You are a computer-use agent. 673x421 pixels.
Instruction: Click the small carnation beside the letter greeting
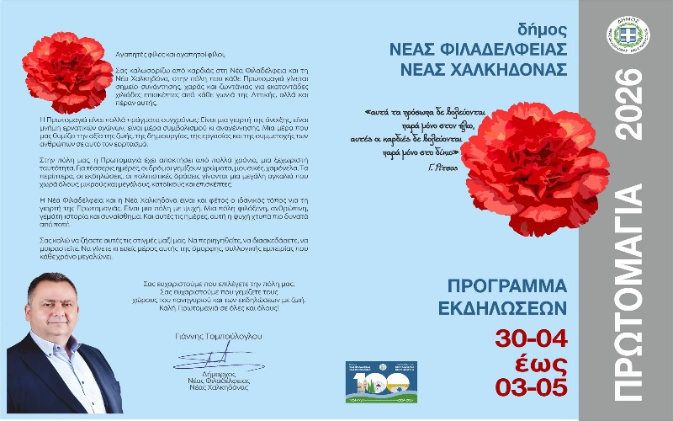pyautogui.click(x=68, y=72)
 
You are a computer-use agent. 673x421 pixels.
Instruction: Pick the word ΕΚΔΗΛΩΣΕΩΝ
pyautogui.click(x=507, y=305)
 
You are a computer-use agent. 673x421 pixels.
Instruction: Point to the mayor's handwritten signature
pyautogui.click(x=203, y=359)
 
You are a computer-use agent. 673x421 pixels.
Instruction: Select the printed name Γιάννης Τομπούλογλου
pyautogui.click(x=203, y=336)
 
